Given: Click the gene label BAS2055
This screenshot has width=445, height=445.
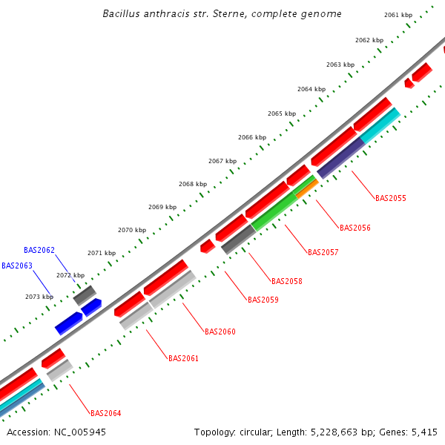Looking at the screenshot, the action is point(390,198).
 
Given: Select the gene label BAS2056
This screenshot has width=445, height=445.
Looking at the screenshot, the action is point(355,228).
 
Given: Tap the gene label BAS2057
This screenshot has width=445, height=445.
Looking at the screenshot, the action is point(323,252).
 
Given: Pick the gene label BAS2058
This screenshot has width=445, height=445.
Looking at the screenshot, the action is point(286,281).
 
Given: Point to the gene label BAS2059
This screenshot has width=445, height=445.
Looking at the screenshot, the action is point(263,300).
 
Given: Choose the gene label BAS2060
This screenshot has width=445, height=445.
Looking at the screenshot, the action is point(220,332).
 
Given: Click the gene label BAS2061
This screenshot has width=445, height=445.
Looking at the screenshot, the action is point(183,358).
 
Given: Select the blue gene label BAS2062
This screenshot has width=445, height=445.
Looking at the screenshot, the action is point(39,250).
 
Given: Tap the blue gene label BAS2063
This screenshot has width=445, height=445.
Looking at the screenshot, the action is point(17,265).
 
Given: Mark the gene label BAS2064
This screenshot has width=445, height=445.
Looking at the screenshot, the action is point(105,413).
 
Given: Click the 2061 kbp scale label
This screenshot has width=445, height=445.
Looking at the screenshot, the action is point(398,15).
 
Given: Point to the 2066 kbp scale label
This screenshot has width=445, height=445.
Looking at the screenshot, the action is point(252,137).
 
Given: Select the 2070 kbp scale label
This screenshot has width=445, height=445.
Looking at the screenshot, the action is point(132,230).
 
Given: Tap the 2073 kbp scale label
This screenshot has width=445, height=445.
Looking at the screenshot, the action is point(39,297).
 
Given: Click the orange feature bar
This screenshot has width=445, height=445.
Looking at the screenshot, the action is point(307,188).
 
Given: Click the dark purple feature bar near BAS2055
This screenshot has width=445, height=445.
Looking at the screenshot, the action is point(340,158).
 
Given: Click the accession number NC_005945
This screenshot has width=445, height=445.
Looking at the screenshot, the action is point(79,432).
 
